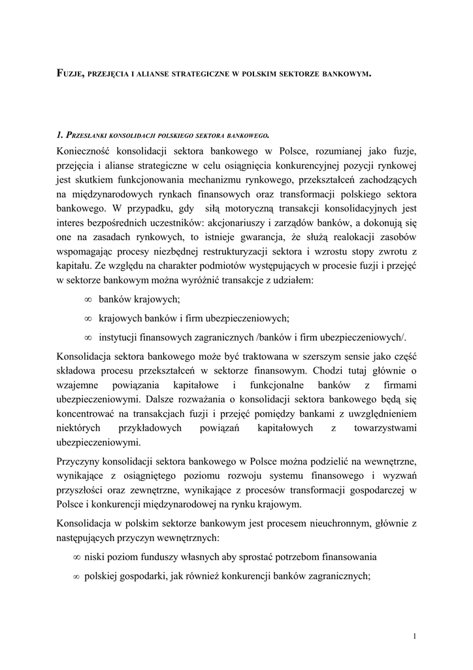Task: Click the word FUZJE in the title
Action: [70, 75]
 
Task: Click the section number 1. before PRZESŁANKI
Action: [59, 135]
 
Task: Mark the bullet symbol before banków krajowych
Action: [88, 300]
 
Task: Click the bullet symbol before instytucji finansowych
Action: [88, 338]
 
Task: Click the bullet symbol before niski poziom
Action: [76, 557]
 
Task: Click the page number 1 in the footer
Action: [416, 635]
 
